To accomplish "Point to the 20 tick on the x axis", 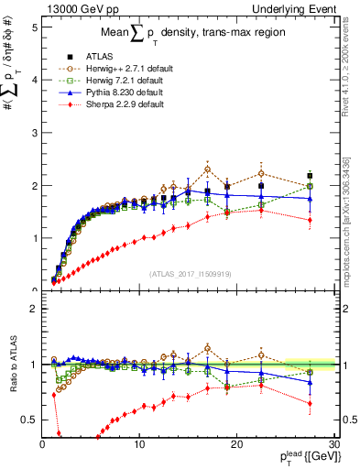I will click(236, 445).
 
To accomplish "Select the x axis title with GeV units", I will click(307, 457).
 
